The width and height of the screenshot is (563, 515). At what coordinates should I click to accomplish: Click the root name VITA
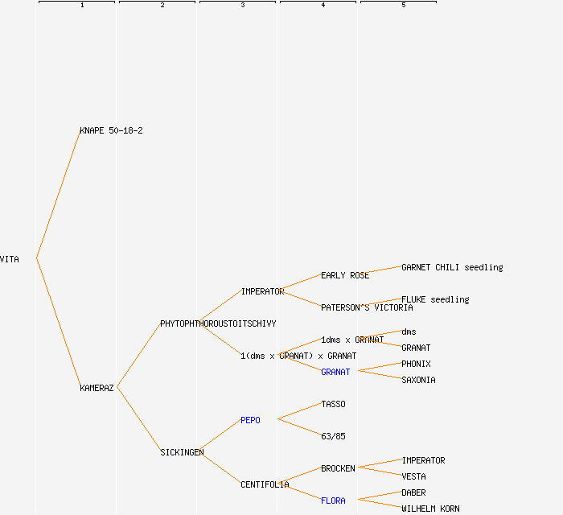click(10, 259)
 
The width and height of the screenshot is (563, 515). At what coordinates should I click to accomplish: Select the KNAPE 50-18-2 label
click(111, 130)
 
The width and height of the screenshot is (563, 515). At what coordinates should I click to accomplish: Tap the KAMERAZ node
click(97, 388)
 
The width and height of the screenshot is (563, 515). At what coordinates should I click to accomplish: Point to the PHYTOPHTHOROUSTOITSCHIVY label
click(218, 323)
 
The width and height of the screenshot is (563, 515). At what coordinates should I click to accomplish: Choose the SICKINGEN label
click(182, 452)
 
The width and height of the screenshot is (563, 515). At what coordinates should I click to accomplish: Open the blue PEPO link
click(250, 420)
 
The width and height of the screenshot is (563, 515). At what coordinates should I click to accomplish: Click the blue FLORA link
click(333, 501)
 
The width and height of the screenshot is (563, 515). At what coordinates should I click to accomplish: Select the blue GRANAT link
click(335, 372)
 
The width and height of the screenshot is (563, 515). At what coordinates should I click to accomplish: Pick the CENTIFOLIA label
click(265, 484)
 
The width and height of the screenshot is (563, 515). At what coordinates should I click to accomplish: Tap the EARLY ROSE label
click(345, 275)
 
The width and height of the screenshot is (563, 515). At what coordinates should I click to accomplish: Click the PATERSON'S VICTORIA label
click(367, 307)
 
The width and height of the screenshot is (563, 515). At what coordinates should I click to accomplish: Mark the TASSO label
click(333, 404)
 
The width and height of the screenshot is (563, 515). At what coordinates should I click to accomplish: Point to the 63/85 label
click(333, 436)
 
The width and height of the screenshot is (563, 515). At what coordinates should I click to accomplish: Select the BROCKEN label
click(338, 468)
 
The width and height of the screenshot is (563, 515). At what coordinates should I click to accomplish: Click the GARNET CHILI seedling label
click(452, 267)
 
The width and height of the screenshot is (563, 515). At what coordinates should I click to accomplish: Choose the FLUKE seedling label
click(435, 299)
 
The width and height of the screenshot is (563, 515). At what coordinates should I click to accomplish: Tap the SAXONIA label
click(418, 380)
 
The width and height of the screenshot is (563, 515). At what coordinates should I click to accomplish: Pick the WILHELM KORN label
click(430, 509)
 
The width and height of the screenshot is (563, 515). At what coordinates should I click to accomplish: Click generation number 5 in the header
click(404, 6)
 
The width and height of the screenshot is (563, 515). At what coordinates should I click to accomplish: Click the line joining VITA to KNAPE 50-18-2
click(58, 195)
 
